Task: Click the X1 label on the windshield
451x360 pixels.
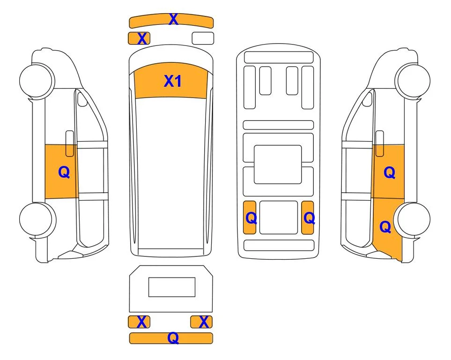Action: pos(172,81)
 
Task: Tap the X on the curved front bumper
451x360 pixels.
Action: pos(173,19)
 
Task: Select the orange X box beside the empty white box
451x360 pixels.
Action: pos(139,38)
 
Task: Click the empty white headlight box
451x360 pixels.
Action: pos(203,38)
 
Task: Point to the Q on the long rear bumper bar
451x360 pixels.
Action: pos(173,337)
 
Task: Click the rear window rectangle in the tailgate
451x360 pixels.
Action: pos(172,287)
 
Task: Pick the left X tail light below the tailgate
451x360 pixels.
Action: pos(139,322)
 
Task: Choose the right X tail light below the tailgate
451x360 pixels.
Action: pos(201,322)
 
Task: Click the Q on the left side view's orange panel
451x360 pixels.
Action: pos(64,172)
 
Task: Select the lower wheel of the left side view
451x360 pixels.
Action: pos(37,219)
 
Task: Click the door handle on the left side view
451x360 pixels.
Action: pos(70,143)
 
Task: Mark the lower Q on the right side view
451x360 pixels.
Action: pos(385,227)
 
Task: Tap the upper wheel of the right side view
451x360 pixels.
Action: pos(413,81)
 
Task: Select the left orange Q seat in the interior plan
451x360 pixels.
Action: pos(250,217)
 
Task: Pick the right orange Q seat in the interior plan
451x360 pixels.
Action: pos(308,217)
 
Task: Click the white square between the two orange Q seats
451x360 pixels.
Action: pos(279,217)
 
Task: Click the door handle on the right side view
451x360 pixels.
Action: pos(380,143)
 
